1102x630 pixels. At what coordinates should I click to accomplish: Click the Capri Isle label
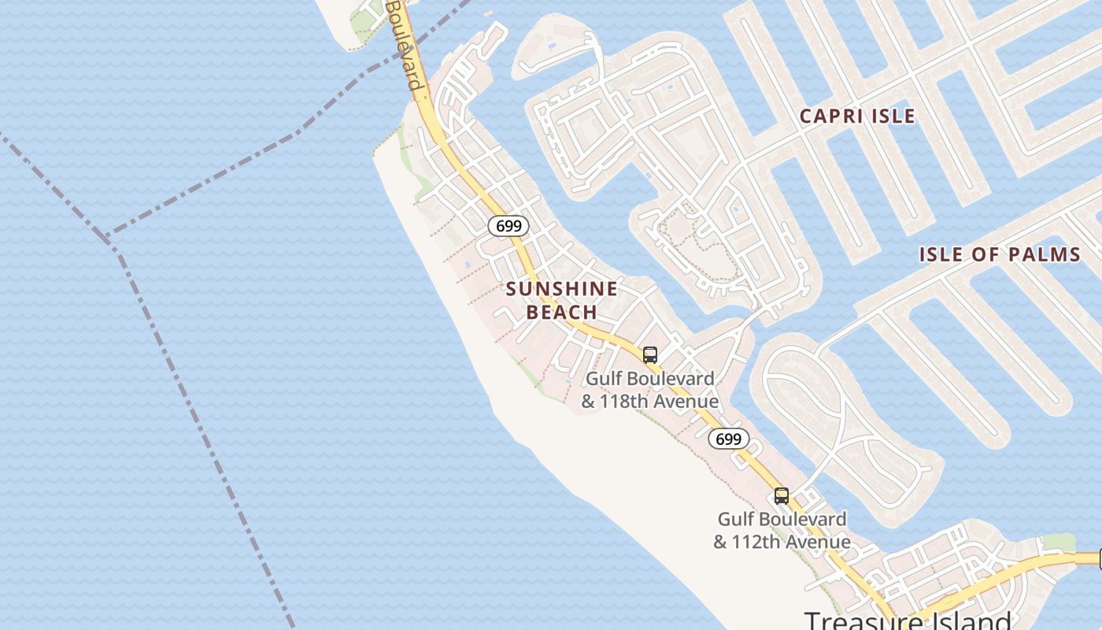tap(857, 117)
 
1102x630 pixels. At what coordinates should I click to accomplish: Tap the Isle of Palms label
tap(1000, 254)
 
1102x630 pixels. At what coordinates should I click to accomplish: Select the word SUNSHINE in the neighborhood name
tap(561, 289)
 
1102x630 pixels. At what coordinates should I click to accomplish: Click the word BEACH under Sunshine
tap(561, 313)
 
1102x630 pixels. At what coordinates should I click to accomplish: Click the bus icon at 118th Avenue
tap(650, 355)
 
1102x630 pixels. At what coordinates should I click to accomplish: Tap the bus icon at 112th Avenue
tap(781, 496)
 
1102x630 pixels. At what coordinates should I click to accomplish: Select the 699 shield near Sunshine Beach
tap(508, 227)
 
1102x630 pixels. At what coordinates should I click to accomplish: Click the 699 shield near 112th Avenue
tap(729, 439)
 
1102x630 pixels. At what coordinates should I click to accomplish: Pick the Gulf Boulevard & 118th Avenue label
tap(649, 390)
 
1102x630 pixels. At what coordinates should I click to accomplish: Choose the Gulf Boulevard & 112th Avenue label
tap(782, 530)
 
